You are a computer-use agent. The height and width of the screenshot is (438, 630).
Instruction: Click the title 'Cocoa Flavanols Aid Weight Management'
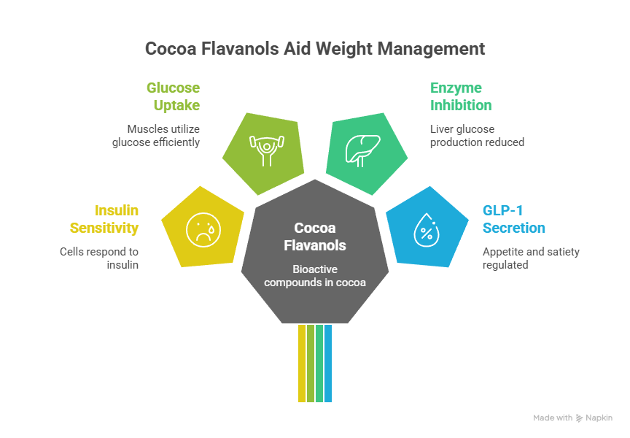314,49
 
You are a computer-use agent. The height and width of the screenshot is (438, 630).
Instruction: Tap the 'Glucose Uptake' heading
173,96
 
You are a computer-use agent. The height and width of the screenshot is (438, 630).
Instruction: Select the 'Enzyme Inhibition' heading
461,96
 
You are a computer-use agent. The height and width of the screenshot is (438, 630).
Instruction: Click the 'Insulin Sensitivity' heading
104,219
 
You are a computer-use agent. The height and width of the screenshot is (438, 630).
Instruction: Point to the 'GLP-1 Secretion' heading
513,219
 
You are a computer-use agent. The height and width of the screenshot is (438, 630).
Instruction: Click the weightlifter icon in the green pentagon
263,150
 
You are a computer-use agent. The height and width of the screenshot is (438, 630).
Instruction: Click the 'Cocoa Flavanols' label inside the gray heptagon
315,237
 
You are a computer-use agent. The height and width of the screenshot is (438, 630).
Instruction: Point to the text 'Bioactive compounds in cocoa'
315,275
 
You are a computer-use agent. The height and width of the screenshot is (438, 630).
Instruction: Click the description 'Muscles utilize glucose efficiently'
156,136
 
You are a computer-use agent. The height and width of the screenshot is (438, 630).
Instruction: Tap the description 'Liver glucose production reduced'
477,136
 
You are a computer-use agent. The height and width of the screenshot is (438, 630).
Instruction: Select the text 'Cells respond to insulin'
99,258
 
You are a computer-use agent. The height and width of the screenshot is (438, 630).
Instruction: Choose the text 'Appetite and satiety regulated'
531,258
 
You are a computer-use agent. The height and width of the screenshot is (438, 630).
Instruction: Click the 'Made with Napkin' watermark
572,418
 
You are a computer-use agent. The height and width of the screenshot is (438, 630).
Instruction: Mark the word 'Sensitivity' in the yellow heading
104,228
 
